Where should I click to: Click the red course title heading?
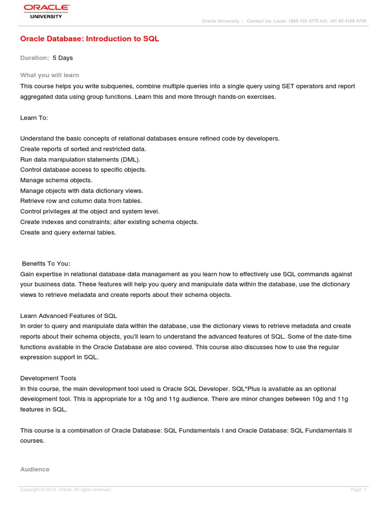[x=90, y=39]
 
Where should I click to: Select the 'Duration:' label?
[x=34, y=58]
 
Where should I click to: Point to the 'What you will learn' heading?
[x=49, y=75]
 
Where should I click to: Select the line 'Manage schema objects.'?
[x=56, y=180]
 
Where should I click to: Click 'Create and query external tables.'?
[x=68, y=232]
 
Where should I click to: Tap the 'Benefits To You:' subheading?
[x=46, y=264]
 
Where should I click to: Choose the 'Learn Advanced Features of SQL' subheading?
[x=69, y=316]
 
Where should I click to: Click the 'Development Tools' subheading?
[x=48, y=378]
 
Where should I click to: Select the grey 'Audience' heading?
[x=35, y=469]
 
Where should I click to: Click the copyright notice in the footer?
[x=66, y=490]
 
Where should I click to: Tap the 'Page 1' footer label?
[x=358, y=490]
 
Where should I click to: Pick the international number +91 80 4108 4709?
[x=347, y=21]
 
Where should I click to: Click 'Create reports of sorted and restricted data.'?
[x=83, y=149]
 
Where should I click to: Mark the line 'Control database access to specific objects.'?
[x=83, y=170]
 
